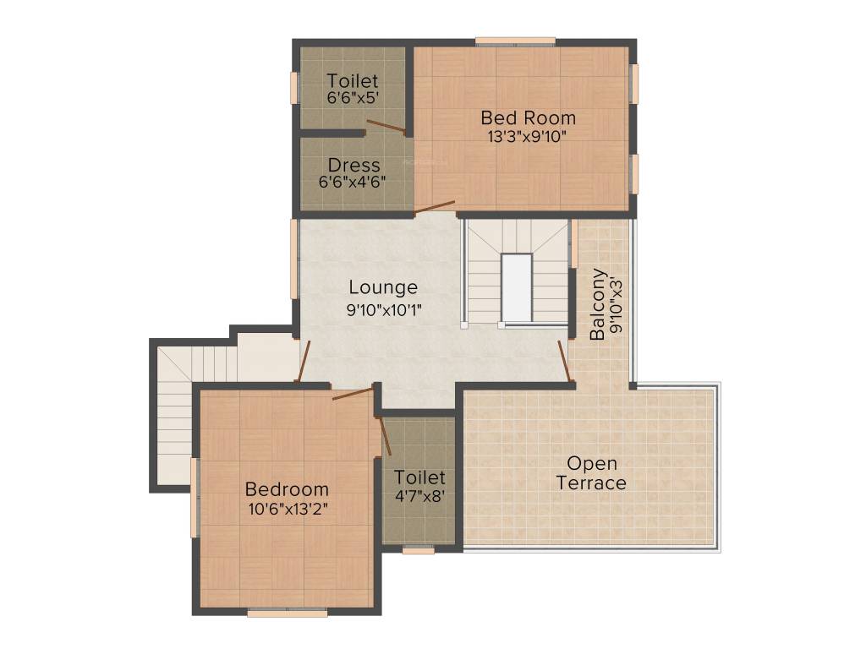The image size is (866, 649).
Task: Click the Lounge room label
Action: coord(383,288)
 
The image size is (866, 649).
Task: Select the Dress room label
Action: coord(354,164)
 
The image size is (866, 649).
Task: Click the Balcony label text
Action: coord(598,303)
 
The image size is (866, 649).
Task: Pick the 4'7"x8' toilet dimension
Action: coord(419,496)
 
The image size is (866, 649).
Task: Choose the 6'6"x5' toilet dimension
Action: coord(353,98)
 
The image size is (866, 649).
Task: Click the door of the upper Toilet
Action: coord(386,128)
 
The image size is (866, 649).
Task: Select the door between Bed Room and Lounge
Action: coord(435,206)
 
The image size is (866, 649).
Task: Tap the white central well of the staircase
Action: coord(516,287)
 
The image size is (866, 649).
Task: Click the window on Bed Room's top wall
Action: coord(514,41)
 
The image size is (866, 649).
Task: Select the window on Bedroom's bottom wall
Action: coord(287,613)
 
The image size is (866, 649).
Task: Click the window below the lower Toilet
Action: coord(418,550)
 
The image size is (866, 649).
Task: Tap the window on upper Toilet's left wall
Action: coord(295,88)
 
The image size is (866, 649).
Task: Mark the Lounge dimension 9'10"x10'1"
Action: coord(383,310)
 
